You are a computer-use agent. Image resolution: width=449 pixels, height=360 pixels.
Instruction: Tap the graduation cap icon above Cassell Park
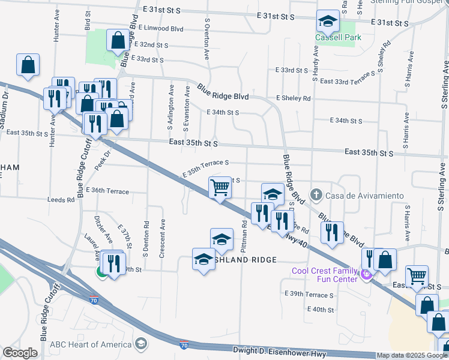tap(328, 22)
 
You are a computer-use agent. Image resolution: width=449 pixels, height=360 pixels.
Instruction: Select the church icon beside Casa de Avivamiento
tap(316, 195)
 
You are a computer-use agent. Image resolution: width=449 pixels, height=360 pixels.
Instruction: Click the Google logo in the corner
tap(20, 353)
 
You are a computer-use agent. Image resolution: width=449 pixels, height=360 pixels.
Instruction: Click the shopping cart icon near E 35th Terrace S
tap(220, 187)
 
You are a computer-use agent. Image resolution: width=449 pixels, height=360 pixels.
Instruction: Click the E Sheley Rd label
tap(293, 98)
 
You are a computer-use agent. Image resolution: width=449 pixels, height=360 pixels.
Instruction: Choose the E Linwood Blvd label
tap(160, 28)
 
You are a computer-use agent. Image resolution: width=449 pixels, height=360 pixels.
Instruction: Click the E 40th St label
tap(319, 310)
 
